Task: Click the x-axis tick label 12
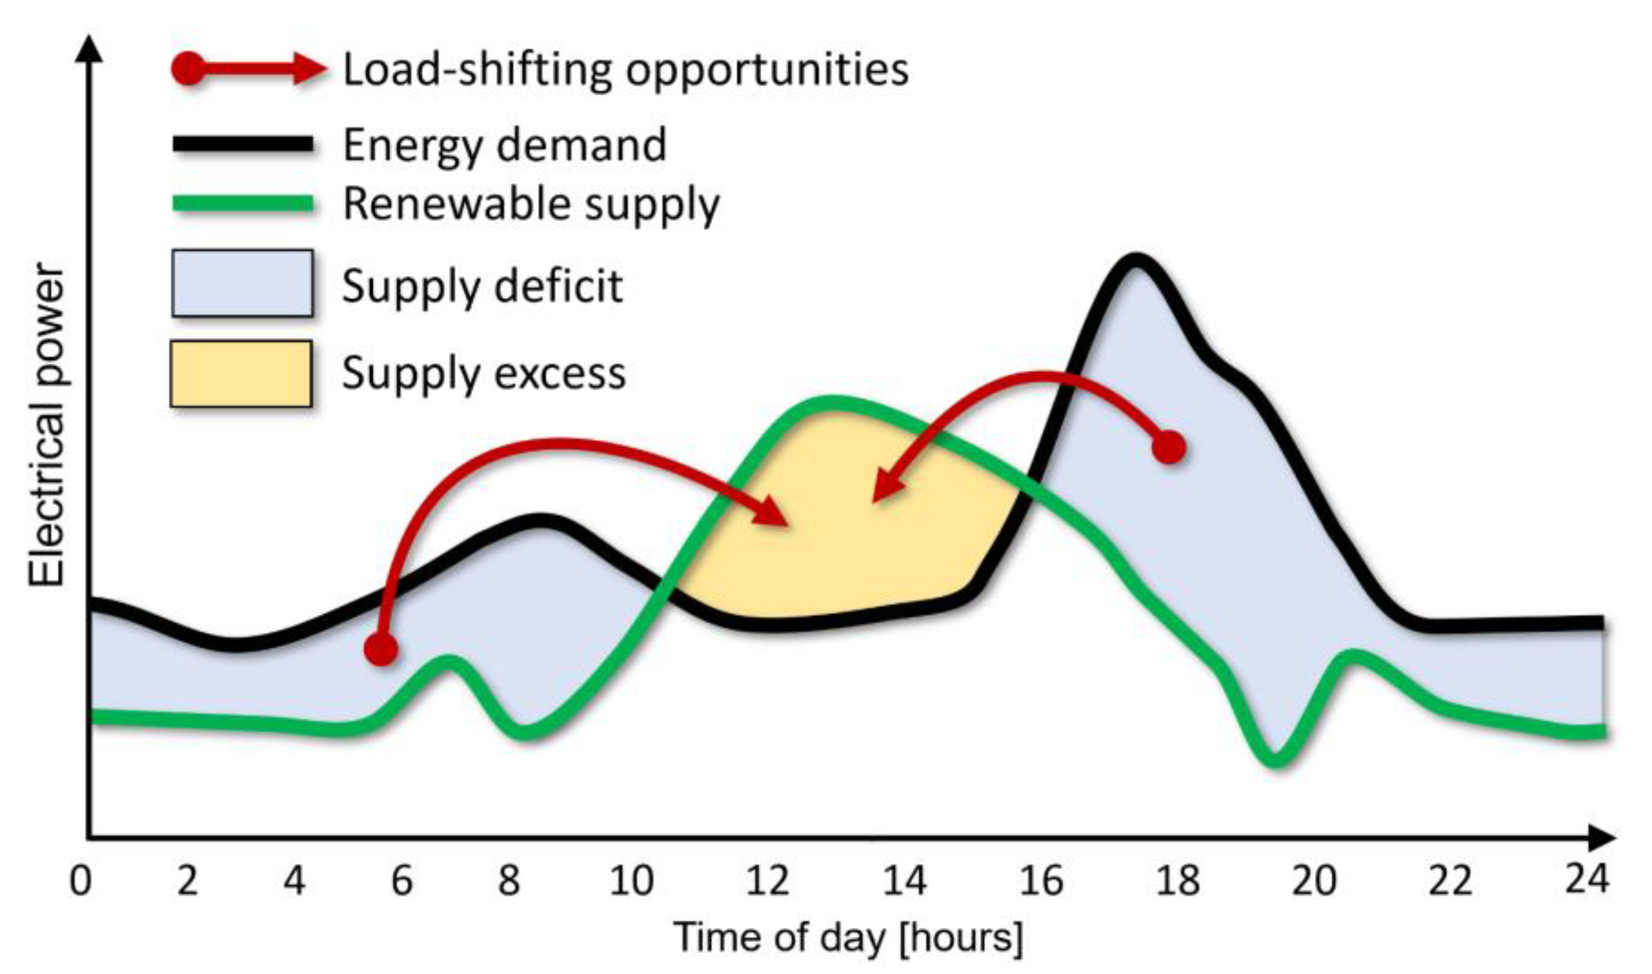coord(768,880)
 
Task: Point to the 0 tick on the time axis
coord(81,880)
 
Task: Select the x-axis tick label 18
coord(1178,880)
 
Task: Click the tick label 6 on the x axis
coord(401,880)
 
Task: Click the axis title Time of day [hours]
coord(849,937)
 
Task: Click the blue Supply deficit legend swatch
coord(242,283)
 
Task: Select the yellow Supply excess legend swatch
coord(241,374)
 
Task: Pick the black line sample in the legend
coord(243,144)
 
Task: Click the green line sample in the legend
coord(243,204)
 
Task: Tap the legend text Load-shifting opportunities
coord(626,70)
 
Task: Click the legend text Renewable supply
coord(531,204)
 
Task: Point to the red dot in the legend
coord(188,68)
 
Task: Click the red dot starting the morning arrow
coord(381,649)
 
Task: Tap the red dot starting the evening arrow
coord(1169,448)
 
